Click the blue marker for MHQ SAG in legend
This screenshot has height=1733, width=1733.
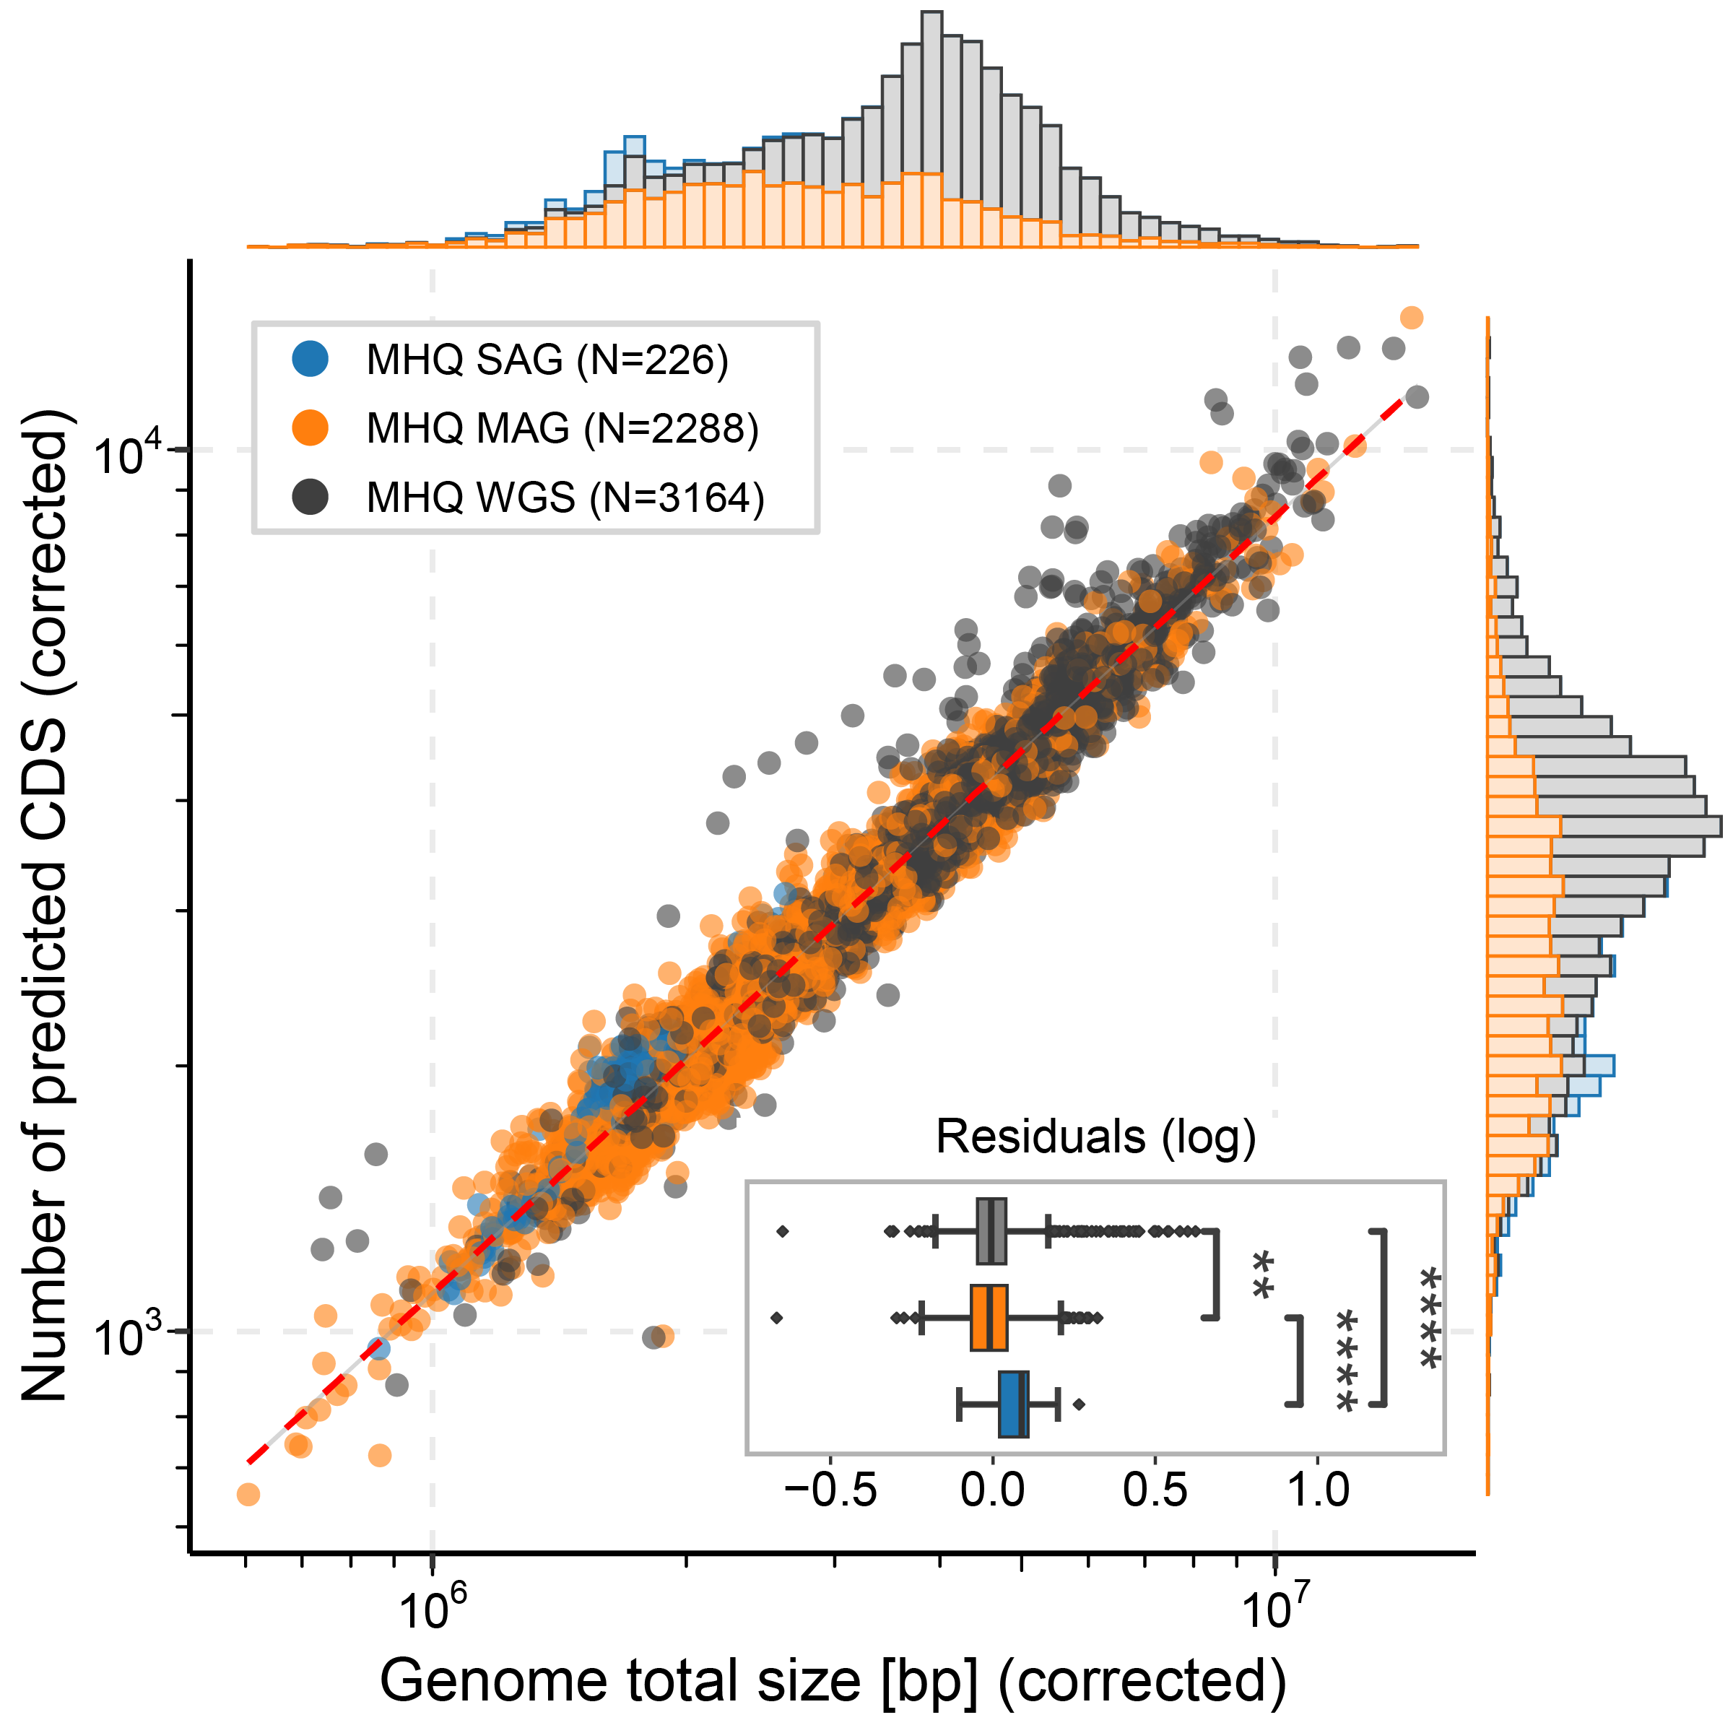click(x=310, y=359)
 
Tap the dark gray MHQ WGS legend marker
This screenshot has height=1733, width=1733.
click(x=310, y=497)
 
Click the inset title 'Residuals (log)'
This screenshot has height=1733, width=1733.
click(x=1095, y=1137)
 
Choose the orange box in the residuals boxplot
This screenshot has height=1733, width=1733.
click(x=989, y=1318)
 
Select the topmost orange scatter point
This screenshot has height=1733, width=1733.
click(x=1411, y=318)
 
